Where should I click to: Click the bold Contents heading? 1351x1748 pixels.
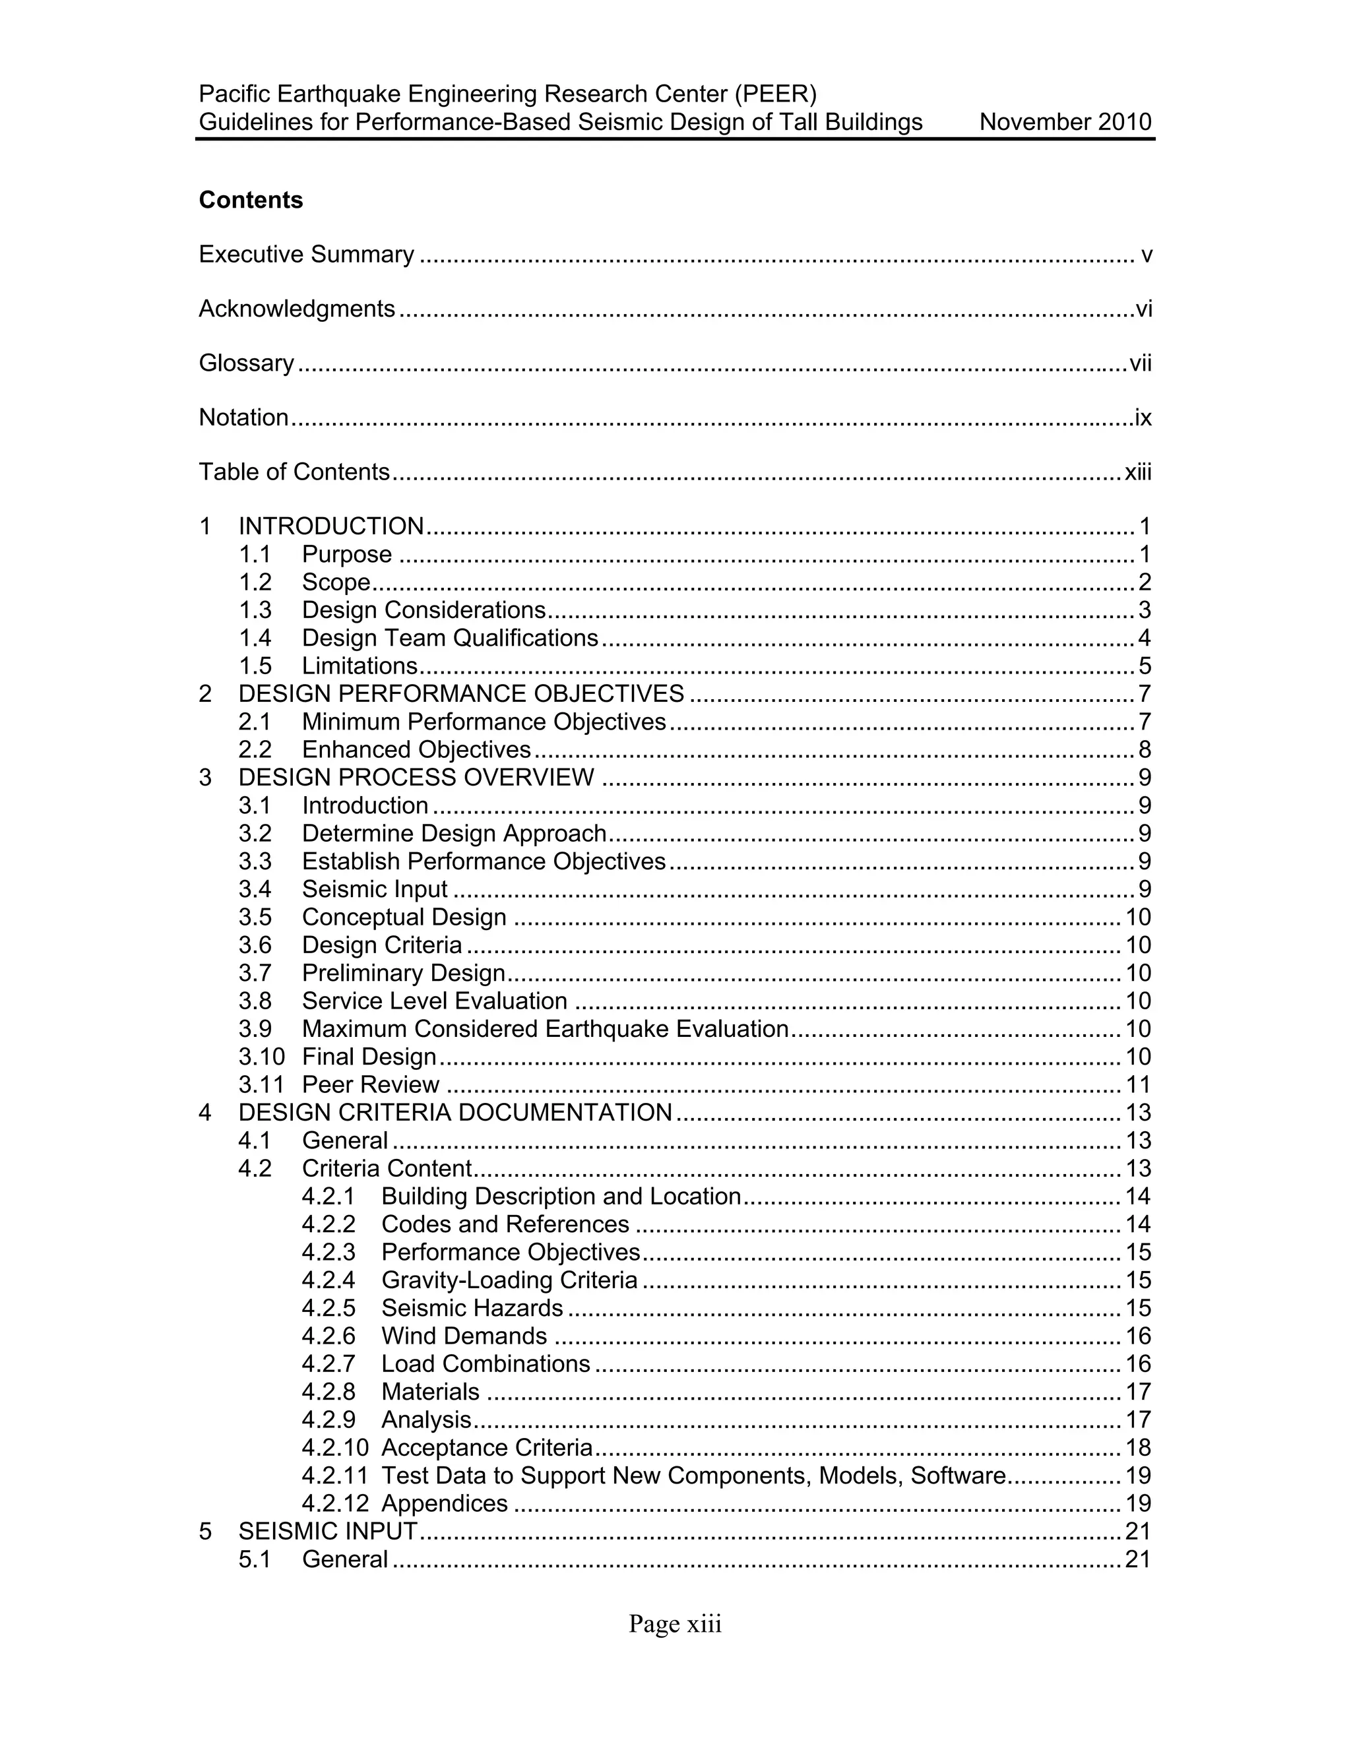[x=251, y=200]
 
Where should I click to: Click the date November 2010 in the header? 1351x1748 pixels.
[x=1065, y=123]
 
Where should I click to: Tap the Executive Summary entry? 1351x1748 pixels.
[x=307, y=255]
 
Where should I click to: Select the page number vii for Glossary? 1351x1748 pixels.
[x=1140, y=363]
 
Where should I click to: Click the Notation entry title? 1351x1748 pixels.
[x=243, y=418]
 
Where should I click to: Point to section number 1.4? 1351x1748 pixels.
[x=255, y=639]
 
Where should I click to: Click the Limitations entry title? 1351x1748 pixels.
[x=360, y=667]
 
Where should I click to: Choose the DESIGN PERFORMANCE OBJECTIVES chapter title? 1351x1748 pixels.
[x=461, y=694]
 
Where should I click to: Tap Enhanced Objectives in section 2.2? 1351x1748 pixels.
[x=416, y=750]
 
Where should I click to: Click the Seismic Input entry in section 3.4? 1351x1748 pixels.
[x=375, y=890]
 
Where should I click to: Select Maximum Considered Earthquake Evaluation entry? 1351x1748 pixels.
[x=545, y=1029]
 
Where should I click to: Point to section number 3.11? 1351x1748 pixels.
[x=261, y=1085]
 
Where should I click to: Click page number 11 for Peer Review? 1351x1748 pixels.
[x=1137, y=1085]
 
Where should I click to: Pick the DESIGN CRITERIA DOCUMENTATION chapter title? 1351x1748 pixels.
[x=455, y=1113]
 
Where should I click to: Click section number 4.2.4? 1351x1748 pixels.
[x=328, y=1280]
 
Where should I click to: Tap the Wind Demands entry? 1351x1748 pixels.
[x=464, y=1336]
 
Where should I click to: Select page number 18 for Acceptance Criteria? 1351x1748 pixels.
[x=1137, y=1448]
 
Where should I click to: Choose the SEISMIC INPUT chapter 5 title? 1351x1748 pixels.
[x=327, y=1532]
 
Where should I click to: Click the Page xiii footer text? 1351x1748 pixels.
[x=675, y=1624]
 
